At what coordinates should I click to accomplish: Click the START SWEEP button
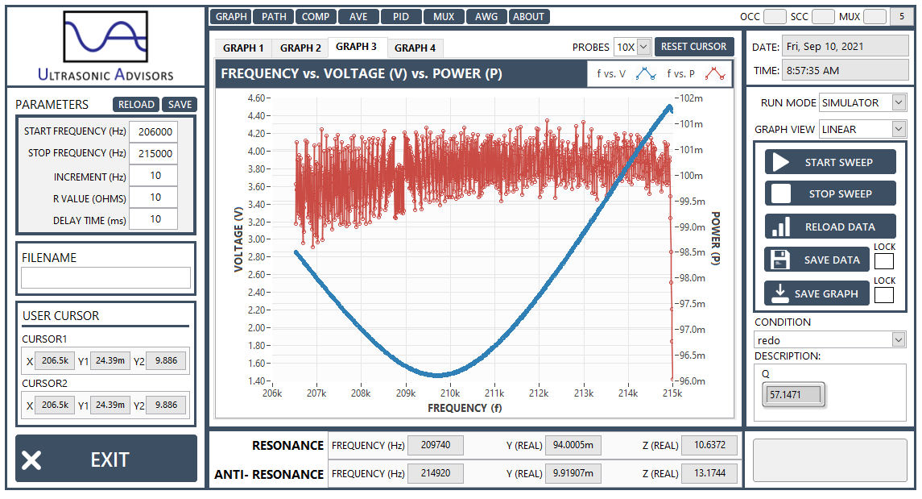(x=830, y=162)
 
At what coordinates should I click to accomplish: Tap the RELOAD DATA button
(x=830, y=227)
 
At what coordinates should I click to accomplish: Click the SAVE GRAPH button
(x=817, y=293)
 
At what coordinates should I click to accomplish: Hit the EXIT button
(x=105, y=459)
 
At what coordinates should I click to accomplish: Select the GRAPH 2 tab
(x=300, y=48)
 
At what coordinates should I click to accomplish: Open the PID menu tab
(x=401, y=16)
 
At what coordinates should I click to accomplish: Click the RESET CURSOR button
(x=694, y=47)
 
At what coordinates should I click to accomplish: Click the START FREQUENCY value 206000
(x=155, y=132)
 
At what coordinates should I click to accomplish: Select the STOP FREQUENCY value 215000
(x=155, y=154)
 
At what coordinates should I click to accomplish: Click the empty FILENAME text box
(x=105, y=278)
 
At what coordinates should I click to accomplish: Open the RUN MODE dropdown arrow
(x=899, y=102)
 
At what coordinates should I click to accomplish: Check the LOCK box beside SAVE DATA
(x=884, y=260)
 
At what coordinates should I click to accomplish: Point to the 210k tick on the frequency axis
(x=450, y=393)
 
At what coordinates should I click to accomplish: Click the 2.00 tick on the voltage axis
(x=257, y=328)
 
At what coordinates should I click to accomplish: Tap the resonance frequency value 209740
(x=436, y=445)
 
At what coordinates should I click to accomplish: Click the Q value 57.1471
(x=793, y=395)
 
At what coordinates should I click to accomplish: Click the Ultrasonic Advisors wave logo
(x=105, y=36)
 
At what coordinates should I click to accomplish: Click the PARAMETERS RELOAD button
(x=136, y=105)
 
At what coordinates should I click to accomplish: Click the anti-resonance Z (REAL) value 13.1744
(x=709, y=473)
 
